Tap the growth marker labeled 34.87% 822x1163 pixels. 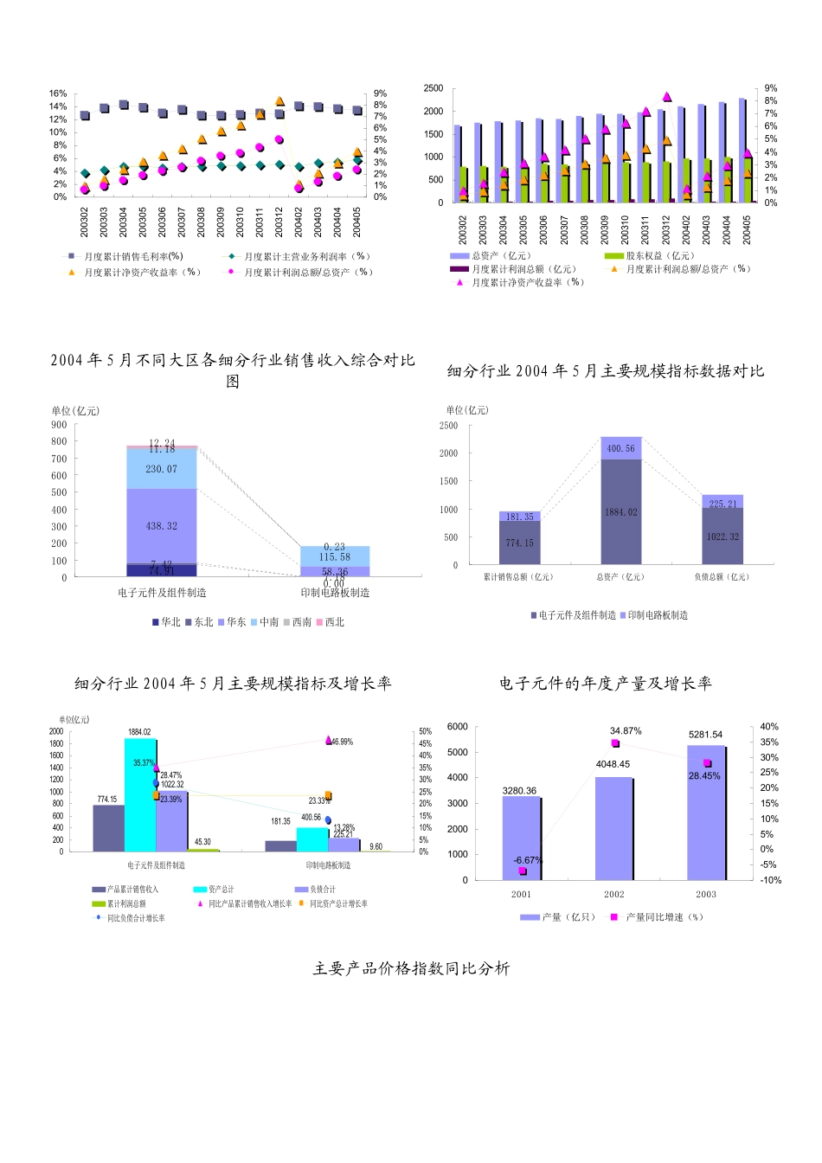click(x=615, y=743)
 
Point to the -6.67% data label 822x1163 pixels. click(x=527, y=860)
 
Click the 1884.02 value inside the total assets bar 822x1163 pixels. click(x=621, y=512)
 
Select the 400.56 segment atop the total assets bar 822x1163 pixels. click(x=621, y=448)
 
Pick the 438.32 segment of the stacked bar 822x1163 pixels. click(x=162, y=526)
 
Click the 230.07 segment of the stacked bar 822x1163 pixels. click(x=162, y=469)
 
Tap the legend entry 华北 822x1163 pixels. click(x=166, y=622)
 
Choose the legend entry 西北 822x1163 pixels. click(x=331, y=622)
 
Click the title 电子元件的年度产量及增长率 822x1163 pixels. click(x=605, y=684)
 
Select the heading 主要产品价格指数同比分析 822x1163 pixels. click(x=411, y=968)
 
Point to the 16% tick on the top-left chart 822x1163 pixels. click(x=58, y=93)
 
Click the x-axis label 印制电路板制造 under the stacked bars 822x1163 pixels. click(x=335, y=593)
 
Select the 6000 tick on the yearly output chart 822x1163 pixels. click(x=458, y=727)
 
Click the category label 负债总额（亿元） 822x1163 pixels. click(x=722, y=577)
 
